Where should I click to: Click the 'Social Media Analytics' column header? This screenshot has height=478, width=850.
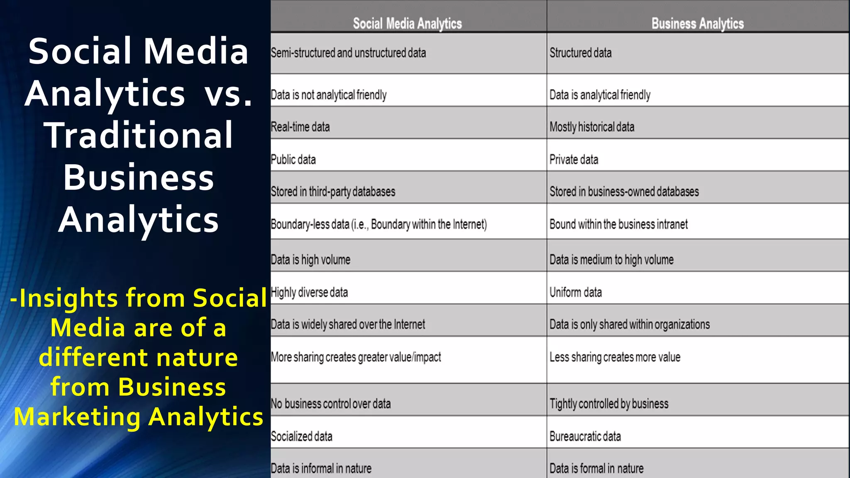click(x=407, y=24)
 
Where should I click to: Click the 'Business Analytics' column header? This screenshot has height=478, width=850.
click(x=697, y=24)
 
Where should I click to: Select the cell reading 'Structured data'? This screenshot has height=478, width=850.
click(x=580, y=53)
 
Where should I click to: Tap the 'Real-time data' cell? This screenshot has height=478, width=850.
click(x=300, y=127)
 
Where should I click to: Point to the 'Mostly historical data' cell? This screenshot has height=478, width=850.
click(x=592, y=127)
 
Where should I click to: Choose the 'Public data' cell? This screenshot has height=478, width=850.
click(x=293, y=160)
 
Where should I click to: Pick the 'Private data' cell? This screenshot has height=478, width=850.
click(x=574, y=160)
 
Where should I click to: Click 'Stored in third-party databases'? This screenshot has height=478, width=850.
click(x=333, y=192)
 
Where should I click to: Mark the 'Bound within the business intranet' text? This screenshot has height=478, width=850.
click(x=618, y=224)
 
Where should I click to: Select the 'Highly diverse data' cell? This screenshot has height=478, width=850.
click(x=309, y=293)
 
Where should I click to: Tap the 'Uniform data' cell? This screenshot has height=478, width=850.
click(x=575, y=293)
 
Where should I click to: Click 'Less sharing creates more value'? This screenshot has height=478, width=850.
click(x=615, y=357)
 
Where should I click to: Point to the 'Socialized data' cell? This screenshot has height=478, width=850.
click(x=301, y=437)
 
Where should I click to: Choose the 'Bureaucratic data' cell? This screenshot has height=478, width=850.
click(x=585, y=437)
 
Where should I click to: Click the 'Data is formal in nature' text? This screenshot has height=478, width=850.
click(x=596, y=468)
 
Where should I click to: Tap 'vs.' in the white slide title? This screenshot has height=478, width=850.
click(x=228, y=94)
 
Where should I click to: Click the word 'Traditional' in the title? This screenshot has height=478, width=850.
click(x=139, y=135)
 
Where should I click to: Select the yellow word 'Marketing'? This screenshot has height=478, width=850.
click(x=77, y=417)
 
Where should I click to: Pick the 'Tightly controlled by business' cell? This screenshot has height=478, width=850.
click(x=609, y=404)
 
